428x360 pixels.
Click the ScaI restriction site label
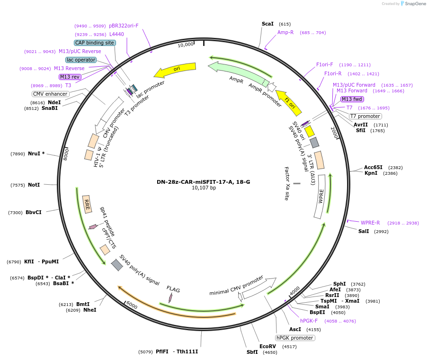click(x=267, y=24)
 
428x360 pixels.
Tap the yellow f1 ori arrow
click(x=288, y=101)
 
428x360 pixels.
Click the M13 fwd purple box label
click(x=352, y=99)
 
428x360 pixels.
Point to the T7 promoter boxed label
click(x=365, y=116)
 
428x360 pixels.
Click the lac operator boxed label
click(x=81, y=60)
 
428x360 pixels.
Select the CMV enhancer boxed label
click(x=50, y=94)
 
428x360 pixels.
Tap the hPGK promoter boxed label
click(x=295, y=338)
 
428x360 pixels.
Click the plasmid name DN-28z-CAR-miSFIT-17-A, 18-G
click(x=204, y=182)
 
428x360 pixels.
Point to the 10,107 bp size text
click(x=204, y=188)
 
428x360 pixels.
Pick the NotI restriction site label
click(x=34, y=185)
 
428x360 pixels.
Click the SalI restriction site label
click(x=364, y=232)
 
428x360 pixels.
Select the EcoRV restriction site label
click(x=267, y=346)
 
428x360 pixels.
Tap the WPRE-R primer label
click(x=370, y=223)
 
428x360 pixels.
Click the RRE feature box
click(x=87, y=204)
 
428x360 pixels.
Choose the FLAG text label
click(x=173, y=289)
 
